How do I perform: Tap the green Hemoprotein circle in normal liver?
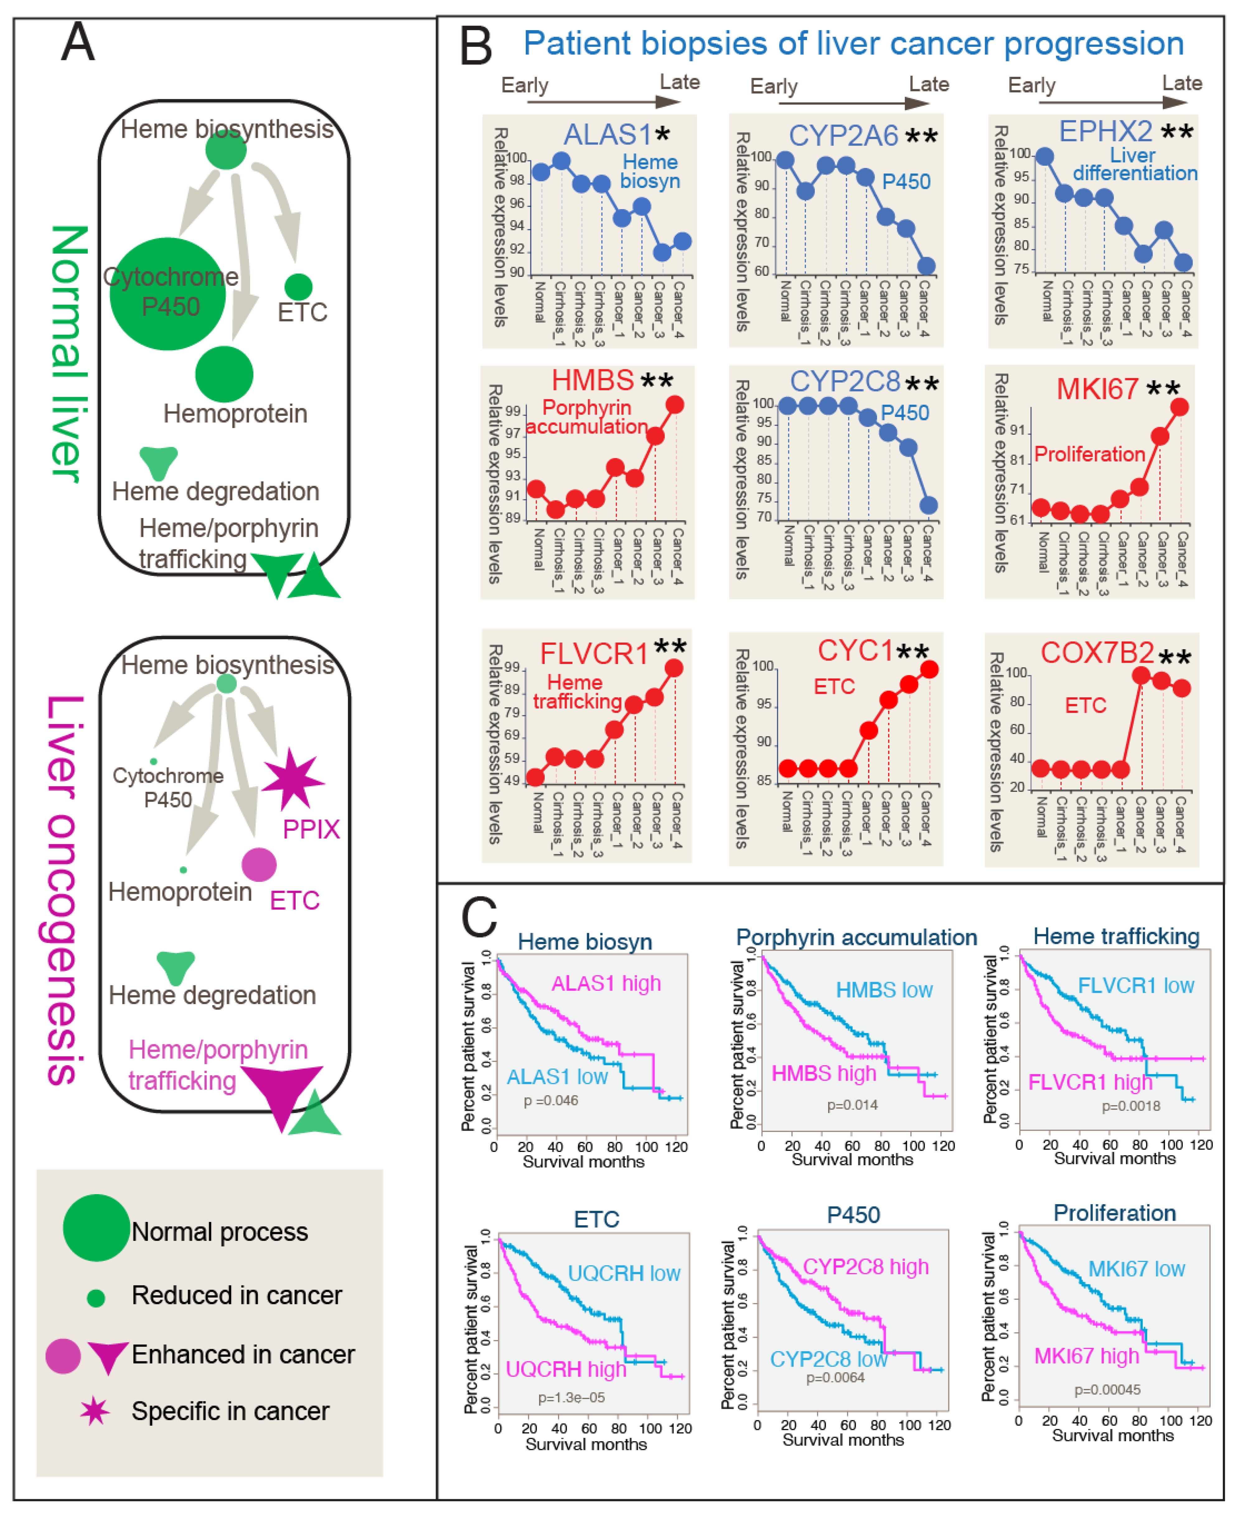224,374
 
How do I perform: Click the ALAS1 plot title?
608,134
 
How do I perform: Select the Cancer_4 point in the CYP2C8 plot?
928,505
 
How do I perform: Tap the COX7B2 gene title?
1097,652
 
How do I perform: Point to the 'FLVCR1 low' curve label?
1135,985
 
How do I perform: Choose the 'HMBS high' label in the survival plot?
824,1073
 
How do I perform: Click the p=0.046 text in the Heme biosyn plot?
550,1101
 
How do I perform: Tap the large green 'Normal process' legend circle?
96,1227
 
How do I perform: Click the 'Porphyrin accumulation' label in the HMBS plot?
587,417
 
